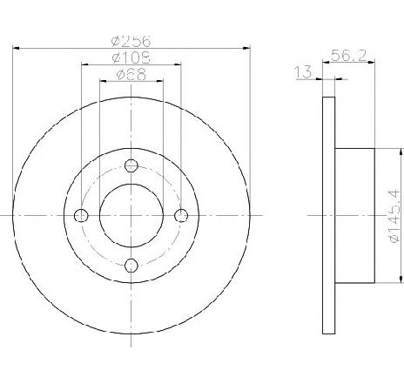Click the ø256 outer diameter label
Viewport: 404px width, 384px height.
pyautogui.click(x=131, y=41)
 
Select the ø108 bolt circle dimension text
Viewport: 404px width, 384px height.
pyautogui.click(x=131, y=57)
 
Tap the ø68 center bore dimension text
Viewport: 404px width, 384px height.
pyautogui.click(x=131, y=74)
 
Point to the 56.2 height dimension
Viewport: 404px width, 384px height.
pyautogui.click(x=348, y=55)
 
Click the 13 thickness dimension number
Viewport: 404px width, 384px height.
pyautogui.click(x=303, y=71)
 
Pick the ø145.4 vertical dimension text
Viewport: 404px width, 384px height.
pyautogui.click(x=394, y=216)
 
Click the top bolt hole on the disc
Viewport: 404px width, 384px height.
pyautogui.click(x=131, y=165)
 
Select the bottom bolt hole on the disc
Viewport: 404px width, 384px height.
pyautogui.click(x=131, y=266)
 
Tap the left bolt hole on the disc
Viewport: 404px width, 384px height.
pyautogui.click(x=81, y=216)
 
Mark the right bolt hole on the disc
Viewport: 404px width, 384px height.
pyautogui.click(x=181, y=216)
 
